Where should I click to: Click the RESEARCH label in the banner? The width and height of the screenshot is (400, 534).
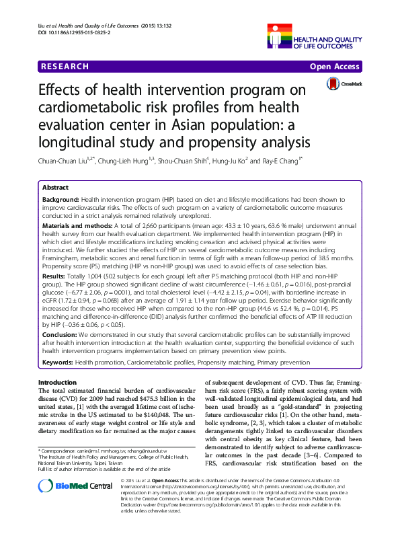65,67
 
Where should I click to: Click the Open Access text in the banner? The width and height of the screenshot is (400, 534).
334,67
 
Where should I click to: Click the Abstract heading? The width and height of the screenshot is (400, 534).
56,188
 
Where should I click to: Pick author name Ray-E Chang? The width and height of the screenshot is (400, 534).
280,161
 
